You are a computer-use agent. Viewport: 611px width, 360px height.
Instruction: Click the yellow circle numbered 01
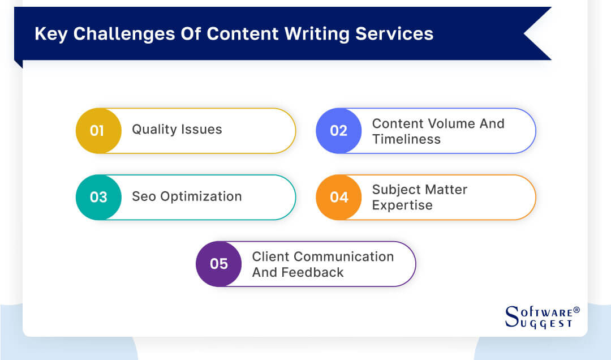pyautogui.click(x=98, y=131)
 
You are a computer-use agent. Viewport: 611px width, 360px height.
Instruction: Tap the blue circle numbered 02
pyautogui.click(x=338, y=131)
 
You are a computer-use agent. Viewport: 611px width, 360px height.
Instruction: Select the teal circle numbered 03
pyautogui.click(x=98, y=197)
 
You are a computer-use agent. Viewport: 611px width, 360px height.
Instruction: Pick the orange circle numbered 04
pyautogui.click(x=338, y=197)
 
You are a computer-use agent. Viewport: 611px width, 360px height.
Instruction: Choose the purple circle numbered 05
pyautogui.click(x=218, y=264)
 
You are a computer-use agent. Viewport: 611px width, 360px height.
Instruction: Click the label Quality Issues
pyautogui.click(x=177, y=130)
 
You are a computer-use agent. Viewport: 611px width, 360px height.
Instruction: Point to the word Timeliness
pyautogui.click(x=406, y=139)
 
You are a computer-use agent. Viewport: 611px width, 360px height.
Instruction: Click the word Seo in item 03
pyautogui.click(x=143, y=196)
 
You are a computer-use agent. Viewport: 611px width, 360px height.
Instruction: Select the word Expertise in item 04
pyautogui.click(x=402, y=205)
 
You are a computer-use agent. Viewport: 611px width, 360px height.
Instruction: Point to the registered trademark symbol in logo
pyautogui.click(x=576, y=310)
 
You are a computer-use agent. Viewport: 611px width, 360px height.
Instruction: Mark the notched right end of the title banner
pyautogui.click(x=535, y=34)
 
